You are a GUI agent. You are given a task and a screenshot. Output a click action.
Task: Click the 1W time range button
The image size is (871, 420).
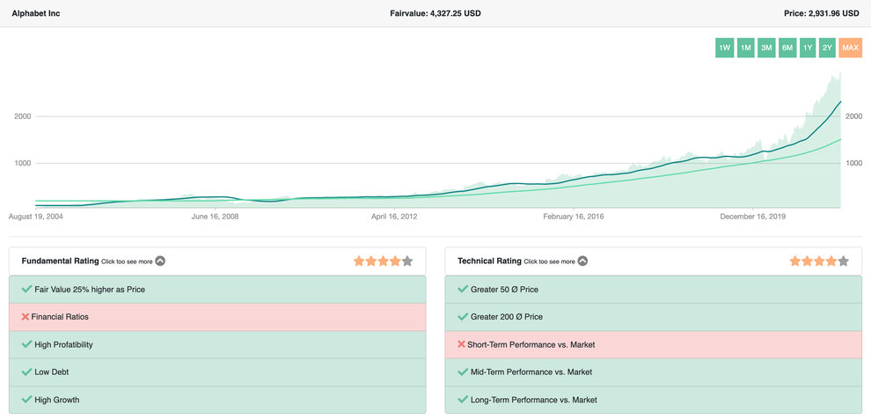(724, 48)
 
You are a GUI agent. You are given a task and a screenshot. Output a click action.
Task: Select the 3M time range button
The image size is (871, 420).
(766, 48)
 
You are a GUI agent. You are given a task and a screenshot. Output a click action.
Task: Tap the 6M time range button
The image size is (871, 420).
(787, 48)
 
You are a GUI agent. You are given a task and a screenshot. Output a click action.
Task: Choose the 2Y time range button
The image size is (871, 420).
(827, 48)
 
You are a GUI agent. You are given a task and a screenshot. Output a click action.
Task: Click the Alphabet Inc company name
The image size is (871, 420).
(35, 13)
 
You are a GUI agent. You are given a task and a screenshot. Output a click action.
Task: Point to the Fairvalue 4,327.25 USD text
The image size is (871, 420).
(435, 13)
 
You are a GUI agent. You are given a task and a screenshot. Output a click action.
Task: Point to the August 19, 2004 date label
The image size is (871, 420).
(35, 217)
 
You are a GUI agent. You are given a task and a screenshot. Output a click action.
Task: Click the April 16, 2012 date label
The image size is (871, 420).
(394, 217)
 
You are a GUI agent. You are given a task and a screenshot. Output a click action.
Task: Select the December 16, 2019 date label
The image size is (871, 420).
(753, 217)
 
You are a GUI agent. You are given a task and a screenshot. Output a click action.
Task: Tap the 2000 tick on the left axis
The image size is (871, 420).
(22, 116)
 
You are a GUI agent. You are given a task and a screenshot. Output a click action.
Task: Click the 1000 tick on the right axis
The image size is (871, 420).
(853, 163)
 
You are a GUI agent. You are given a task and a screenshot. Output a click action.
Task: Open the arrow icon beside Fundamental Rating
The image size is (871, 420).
(160, 261)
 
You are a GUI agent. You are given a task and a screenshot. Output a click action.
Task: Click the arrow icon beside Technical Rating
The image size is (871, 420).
(582, 261)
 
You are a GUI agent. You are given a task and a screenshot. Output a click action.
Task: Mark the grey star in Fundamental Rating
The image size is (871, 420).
(407, 261)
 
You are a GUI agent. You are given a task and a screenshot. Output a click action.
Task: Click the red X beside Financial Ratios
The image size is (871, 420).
(25, 316)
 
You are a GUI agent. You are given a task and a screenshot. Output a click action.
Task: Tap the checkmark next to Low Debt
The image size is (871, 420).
(26, 372)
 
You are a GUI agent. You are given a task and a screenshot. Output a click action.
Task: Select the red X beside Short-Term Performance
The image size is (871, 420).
(461, 344)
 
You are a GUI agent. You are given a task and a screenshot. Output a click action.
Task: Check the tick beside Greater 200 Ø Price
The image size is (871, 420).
(462, 316)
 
